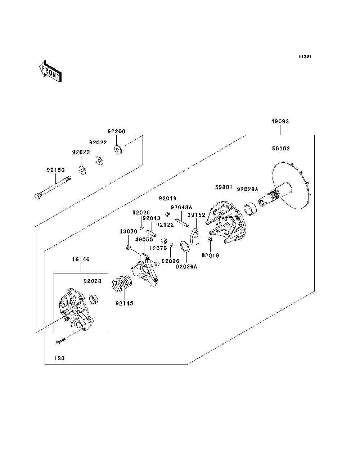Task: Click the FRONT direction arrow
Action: tap(50, 71)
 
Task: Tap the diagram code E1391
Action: tap(305, 56)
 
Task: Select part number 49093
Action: tap(280, 122)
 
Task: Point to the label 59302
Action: tap(281, 149)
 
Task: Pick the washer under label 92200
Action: tap(118, 149)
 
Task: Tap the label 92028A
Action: tap(247, 189)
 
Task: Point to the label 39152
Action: tap(197, 215)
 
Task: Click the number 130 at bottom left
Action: tap(59, 358)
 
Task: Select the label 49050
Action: tap(144, 240)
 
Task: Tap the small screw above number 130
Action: tap(60, 341)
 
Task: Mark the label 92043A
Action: tap(181, 208)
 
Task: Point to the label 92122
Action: tap(165, 225)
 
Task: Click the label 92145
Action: tap(124, 303)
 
